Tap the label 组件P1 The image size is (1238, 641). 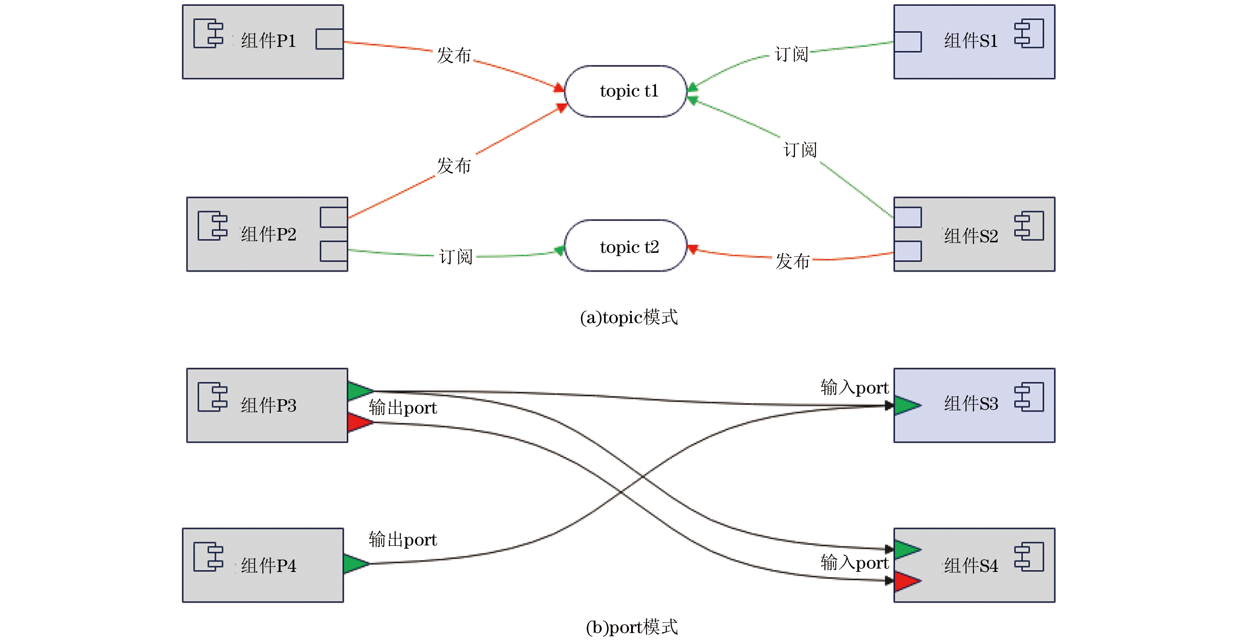coord(268,41)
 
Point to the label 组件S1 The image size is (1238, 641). coord(971,41)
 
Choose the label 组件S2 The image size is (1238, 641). coord(971,236)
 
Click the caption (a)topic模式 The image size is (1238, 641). coord(629,318)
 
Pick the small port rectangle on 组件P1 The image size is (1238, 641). coord(329,39)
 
